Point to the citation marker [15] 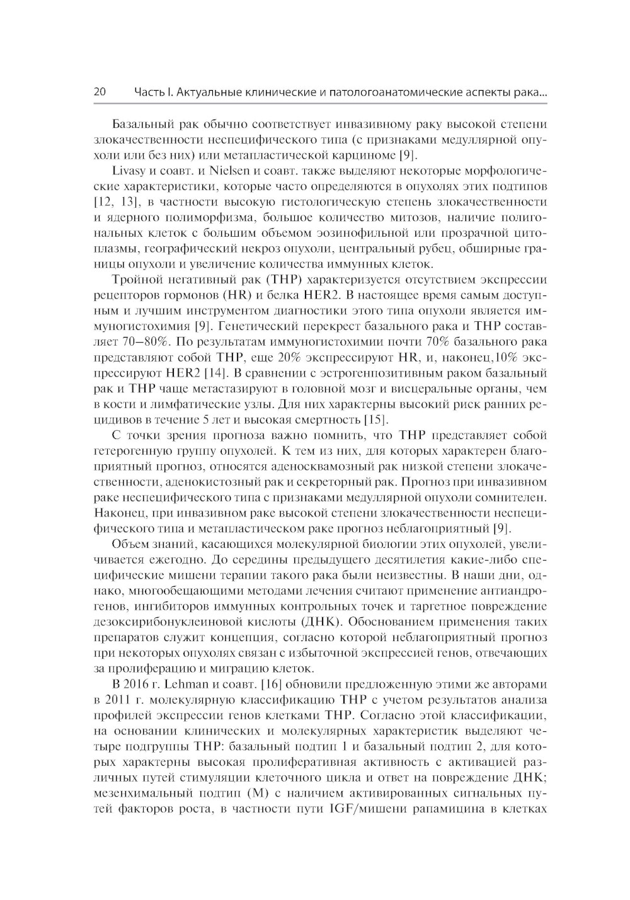[377, 419]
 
